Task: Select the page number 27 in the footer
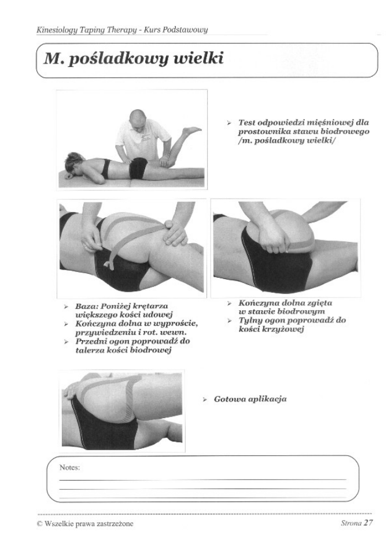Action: click(368, 523)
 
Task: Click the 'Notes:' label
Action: click(69, 467)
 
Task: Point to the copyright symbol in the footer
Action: click(39, 524)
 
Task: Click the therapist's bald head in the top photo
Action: click(137, 118)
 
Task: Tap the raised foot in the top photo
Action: click(192, 131)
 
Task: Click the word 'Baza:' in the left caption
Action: click(86, 306)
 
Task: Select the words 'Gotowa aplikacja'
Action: click(250, 399)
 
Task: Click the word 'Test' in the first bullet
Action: click(246, 123)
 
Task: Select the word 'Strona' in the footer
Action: click(351, 523)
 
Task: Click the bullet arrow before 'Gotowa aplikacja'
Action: click(205, 400)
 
